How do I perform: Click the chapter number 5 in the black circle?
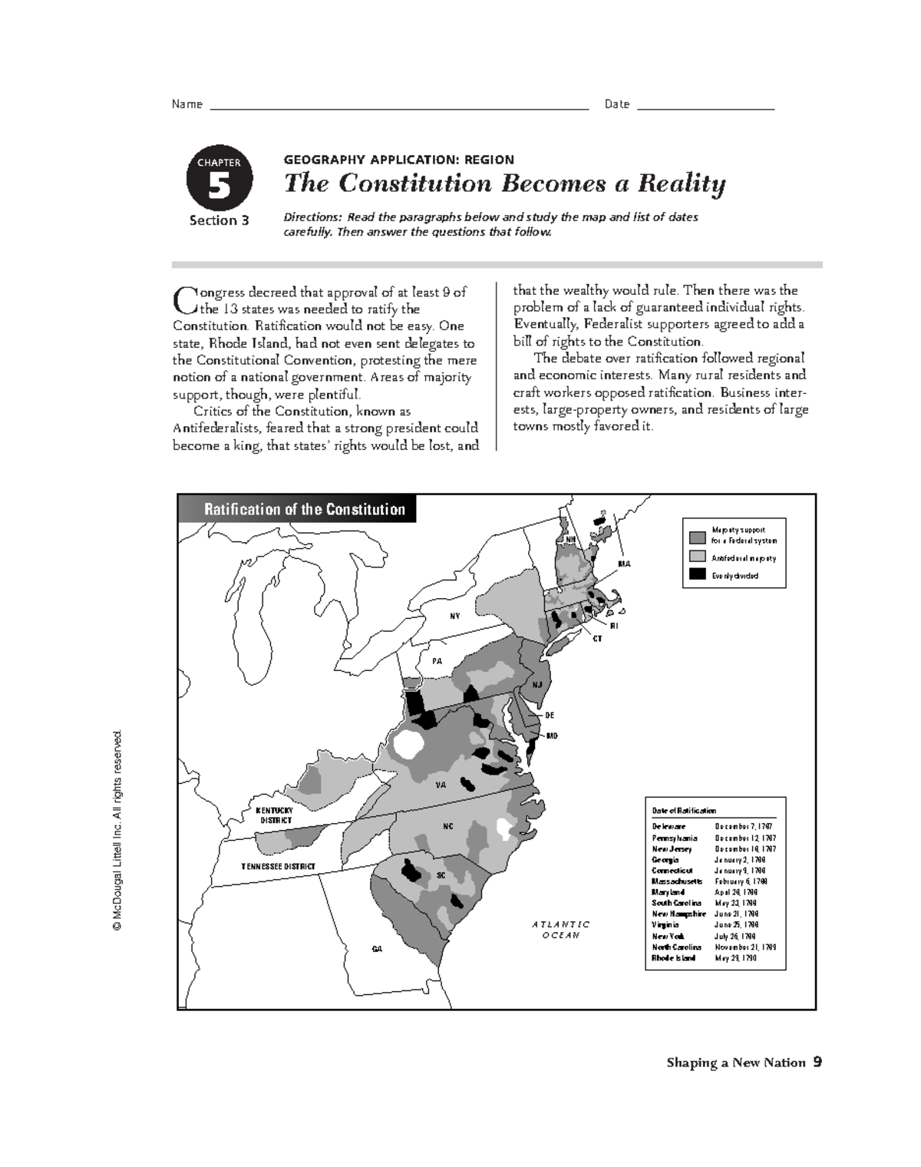[x=219, y=187]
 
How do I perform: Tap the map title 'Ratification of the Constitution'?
[x=304, y=509]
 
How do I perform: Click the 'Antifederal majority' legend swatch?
[x=697, y=556]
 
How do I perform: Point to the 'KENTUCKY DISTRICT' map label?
[x=276, y=815]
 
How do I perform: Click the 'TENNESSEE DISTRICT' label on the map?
[x=278, y=866]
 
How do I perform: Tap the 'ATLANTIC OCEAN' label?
[x=561, y=930]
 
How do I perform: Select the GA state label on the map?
[x=377, y=950]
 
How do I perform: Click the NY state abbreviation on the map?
[x=455, y=616]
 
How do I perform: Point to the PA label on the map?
[x=437, y=660]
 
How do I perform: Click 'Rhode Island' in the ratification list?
[x=674, y=958]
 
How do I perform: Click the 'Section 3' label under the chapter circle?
[x=220, y=221]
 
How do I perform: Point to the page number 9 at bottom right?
[x=817, y=1063]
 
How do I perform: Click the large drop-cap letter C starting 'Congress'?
[x=183, y=299]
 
